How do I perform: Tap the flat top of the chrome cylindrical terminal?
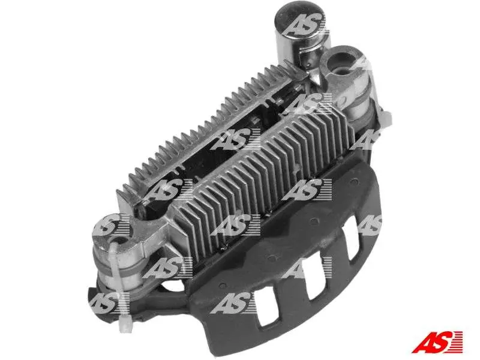point(300,19)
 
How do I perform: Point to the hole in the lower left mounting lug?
point(120,239)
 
